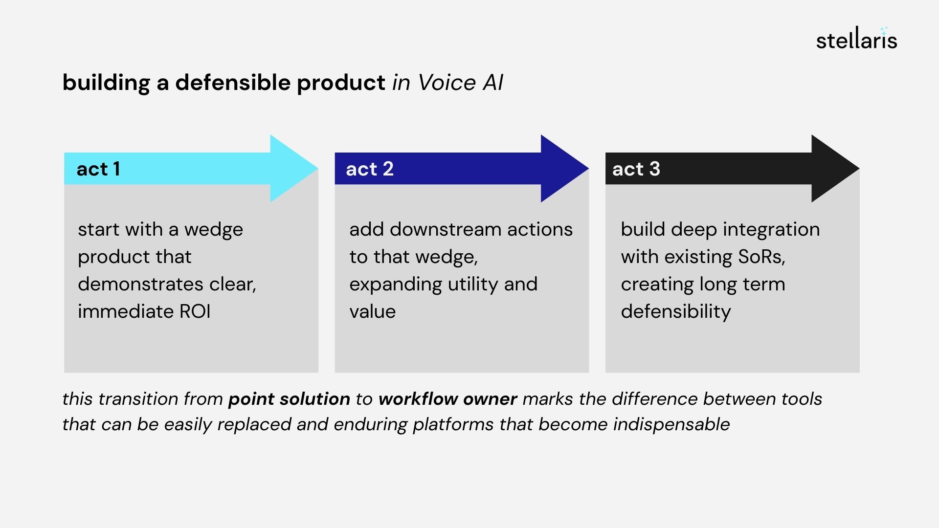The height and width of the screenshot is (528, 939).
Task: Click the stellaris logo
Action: tap(856, 39)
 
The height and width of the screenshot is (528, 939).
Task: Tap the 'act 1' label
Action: tap(98, 169)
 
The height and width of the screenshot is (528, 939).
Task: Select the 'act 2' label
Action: tap(369, 169)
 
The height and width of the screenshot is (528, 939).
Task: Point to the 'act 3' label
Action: tap(636, 169)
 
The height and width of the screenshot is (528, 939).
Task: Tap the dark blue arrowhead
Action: tap(562, 169)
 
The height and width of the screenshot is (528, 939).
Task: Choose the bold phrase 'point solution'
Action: tap(289, 399)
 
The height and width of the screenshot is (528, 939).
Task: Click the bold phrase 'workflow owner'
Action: tap(447, 399)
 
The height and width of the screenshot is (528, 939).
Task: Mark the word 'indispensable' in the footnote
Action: tap(671, 424)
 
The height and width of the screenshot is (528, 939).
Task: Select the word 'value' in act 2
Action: tap(372, 311)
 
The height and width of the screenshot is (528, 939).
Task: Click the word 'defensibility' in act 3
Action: tap(675, 311)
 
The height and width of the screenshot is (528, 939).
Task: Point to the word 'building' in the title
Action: tap(106, 82)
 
